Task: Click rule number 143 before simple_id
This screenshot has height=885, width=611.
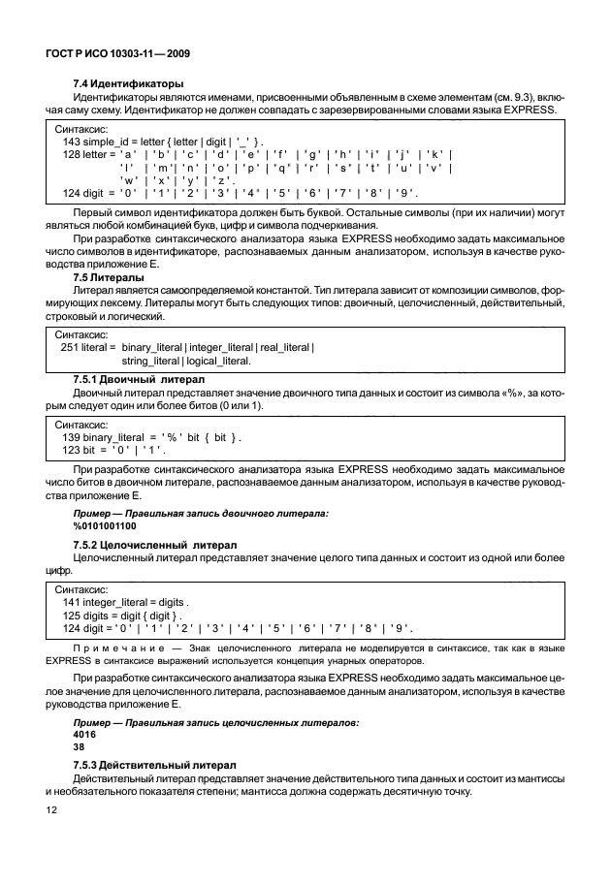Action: click(x=71, y=142)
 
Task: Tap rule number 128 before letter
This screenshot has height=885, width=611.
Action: click(x=71, y=154)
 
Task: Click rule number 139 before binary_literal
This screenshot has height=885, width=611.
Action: click(x=71, y=437)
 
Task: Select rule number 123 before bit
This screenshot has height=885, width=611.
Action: click(x=71, y=450)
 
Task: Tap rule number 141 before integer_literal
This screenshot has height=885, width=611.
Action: click(x=71, y=602)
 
